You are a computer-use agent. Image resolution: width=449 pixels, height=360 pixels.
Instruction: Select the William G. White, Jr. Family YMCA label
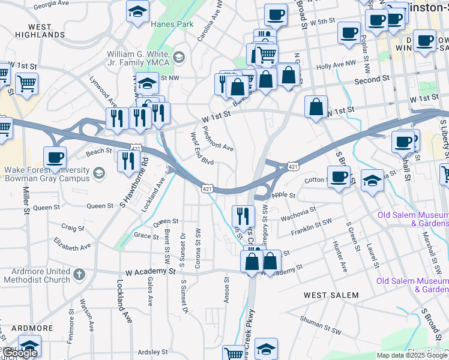pyautogui.click(x=138, y=58)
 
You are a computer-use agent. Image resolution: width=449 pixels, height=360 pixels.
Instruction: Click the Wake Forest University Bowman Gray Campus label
pyautogui.click(x=47, y=173)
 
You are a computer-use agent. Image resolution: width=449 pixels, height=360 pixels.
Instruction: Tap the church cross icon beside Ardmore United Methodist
pyautogui.click(x=79, y=275)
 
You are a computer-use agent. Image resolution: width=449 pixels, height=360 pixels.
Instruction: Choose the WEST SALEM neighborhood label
pyautogui.click(x=331, y=295)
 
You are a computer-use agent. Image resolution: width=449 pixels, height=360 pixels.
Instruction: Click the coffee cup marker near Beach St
pyautogui.click(x=55, y=158)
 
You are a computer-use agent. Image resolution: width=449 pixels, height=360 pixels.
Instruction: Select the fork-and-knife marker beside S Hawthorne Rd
pyautogui.click(x=128, y=160)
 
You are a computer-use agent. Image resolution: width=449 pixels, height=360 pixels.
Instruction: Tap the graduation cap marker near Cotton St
pyautogui.click(x=373, y=179)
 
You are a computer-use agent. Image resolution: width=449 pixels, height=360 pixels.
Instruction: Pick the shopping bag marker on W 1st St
pyautogui.click(x=316, y=108)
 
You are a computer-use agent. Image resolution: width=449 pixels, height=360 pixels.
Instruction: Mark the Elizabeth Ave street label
pyautogui.click(x=72, y=245)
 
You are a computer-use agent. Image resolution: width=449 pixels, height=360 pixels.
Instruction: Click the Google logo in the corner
pyautogui.click(x=20, y=353)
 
